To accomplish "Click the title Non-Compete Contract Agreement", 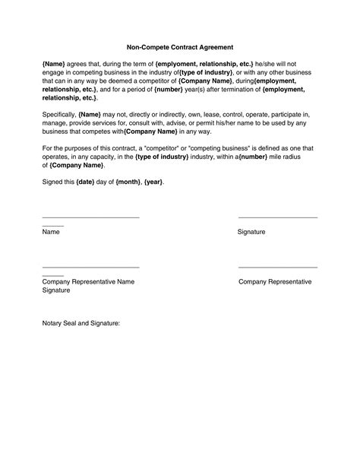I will coord(179,45).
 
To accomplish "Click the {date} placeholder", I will coord(86,182).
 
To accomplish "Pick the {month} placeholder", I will coord(128,182).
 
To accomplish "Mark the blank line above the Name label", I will coord(90,218).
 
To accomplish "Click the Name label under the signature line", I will coord(52,232).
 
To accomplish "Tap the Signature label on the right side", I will coord(251,232).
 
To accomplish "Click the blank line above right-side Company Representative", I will coord(277,268).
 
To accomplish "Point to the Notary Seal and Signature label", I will coord(81,323).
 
